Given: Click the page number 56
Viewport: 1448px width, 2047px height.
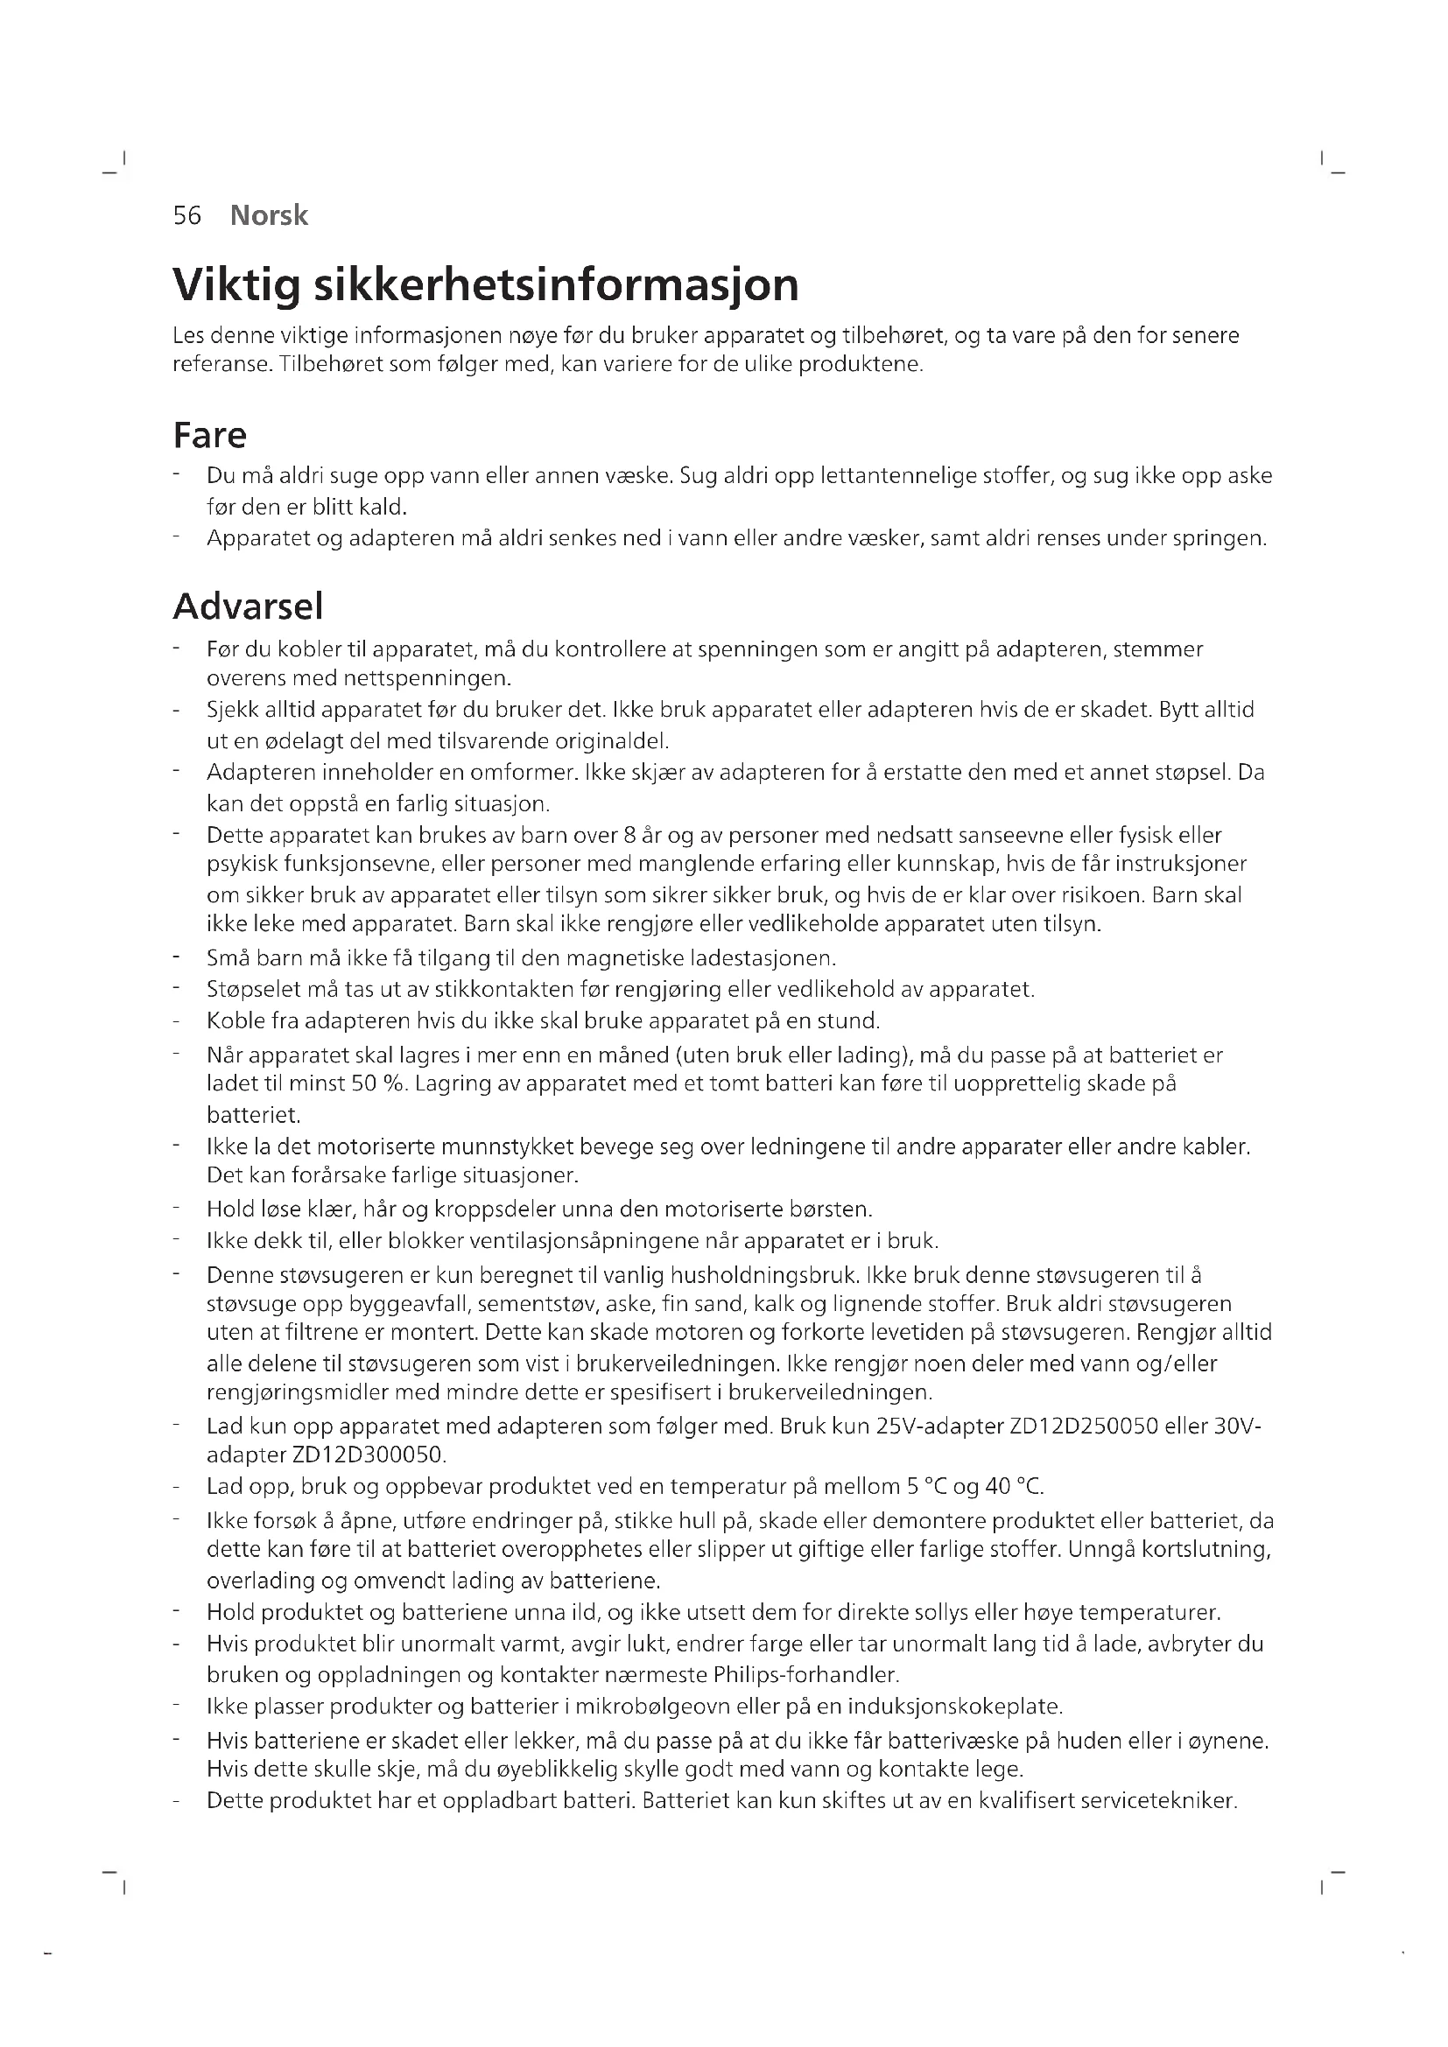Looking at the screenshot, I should click(x=187, y=216).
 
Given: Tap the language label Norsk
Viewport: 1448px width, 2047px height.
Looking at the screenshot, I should click(x=269, y=216).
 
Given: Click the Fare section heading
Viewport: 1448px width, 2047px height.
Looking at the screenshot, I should click(x=209, y=435).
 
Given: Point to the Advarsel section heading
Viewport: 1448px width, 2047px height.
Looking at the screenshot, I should click(x=248, y=606).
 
